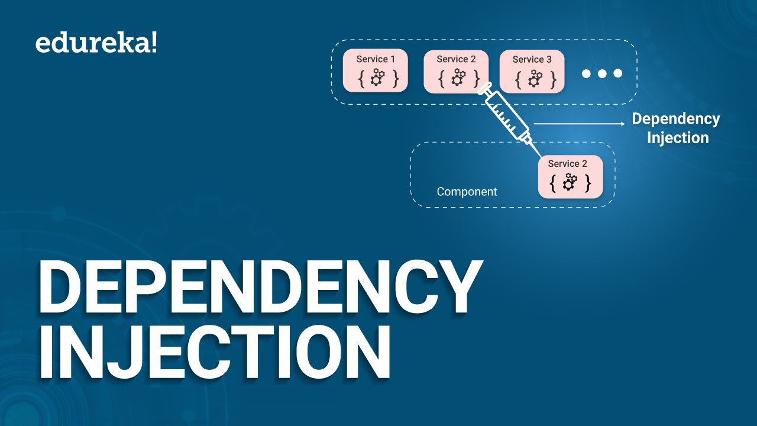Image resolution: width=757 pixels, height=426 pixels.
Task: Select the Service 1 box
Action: click(x=376, y=71)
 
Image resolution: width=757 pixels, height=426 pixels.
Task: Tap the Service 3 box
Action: click(x=532, y=71)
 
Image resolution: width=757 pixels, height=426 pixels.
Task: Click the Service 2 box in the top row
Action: click(x=456, y=71)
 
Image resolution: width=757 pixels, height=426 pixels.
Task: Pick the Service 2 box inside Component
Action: click(x=570, y=176)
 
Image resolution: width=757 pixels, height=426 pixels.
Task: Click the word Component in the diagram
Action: click(x=467, y=192)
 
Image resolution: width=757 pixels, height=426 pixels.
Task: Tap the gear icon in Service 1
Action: click(x=377, y=78)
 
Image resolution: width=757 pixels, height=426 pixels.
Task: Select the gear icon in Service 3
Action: click(x=535, y=78)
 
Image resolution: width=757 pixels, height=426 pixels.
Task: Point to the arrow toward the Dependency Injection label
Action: click(x=580, y=124)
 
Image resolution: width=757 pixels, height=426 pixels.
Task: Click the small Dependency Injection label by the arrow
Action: click(x=676, y=128)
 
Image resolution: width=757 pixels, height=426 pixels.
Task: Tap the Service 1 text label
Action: click(x=376, y=59)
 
